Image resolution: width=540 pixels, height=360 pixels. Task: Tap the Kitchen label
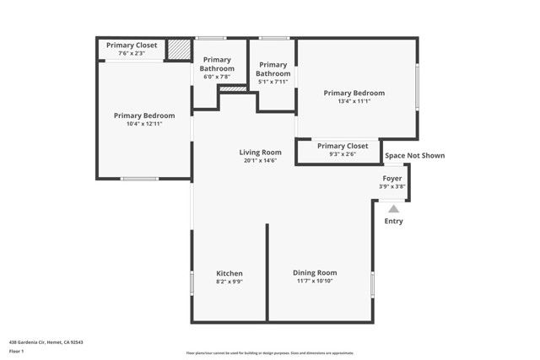point(229,273)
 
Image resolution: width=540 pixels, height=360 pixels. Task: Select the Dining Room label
point(315,272)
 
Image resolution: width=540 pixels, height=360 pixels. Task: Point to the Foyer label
point(392,179)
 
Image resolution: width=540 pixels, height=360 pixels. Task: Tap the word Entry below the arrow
point(394,222)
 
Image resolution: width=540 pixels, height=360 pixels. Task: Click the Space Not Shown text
point(414,155)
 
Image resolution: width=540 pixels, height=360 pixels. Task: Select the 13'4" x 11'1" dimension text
point(354,101)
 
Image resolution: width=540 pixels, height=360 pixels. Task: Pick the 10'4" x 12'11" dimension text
point(144,124)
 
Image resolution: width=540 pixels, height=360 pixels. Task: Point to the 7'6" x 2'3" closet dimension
point(132,53)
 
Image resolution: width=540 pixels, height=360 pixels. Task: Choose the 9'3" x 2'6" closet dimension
point(343,153)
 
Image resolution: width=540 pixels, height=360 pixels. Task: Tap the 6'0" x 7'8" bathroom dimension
point(217,77)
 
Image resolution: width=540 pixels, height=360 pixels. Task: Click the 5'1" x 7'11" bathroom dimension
point(273,82)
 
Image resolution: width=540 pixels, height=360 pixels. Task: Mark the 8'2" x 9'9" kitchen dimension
point(229,282)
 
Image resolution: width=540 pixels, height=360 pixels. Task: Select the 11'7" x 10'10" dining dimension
point(315,281)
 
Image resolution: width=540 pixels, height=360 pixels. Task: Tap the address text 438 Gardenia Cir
point(46,341)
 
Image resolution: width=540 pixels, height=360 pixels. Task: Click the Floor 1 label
point(16,351)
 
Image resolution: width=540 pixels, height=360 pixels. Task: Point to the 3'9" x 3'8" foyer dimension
point(392,186)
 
